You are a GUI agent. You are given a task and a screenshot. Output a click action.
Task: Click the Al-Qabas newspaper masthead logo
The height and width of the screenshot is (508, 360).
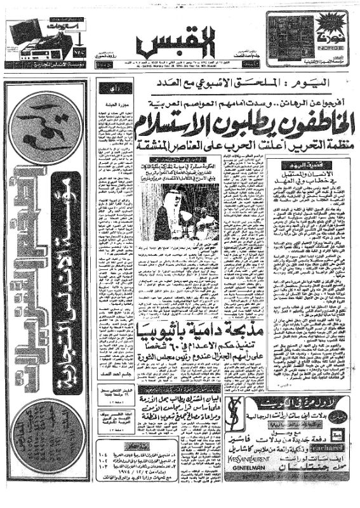[x=175, y=44]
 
